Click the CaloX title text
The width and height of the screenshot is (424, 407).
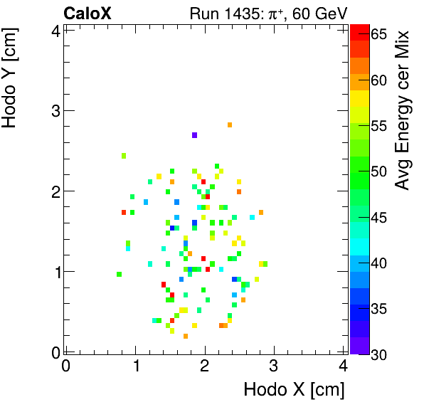[x=87, y=14]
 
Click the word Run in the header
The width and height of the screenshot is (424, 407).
[x=204, y=14]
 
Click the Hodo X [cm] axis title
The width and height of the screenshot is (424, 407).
[x=294, y=390]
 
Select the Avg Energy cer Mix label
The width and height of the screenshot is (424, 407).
[x=403, y=110]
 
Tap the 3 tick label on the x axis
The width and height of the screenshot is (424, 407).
[x=275, y=366]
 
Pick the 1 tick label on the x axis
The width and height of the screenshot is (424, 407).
[x=135, y=366]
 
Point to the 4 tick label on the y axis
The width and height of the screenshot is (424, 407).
[x=54, y=30]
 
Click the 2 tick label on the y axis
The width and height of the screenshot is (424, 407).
[x=54, y=191]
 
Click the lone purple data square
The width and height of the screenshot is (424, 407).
[x=194, y=135]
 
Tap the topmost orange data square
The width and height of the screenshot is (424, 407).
[x=230, y=125]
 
